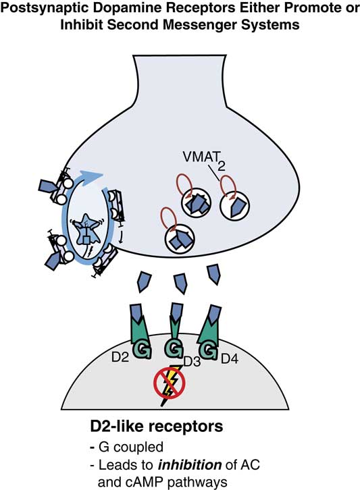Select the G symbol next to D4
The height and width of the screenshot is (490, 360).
click(209, 350)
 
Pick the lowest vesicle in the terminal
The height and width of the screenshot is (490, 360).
click(180, 239)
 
